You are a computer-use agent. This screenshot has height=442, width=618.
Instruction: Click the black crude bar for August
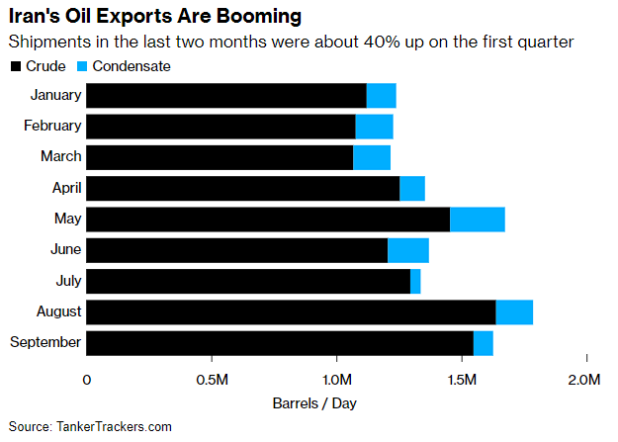click(291, 312)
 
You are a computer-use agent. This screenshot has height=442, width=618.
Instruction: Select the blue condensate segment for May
click(478, 220)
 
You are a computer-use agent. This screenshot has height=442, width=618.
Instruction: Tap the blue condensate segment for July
click(415, 282)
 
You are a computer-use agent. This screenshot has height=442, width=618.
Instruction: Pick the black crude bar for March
click(220, 157)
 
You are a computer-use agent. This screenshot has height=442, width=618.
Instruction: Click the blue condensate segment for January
click(382, 96)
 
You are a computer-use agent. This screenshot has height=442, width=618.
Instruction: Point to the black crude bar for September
click(280, 343)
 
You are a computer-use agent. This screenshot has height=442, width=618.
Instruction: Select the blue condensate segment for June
click(408, 250)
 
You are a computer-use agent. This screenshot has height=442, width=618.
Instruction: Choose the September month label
click(44, 343)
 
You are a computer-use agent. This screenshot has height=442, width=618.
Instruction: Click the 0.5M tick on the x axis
click(212, 381)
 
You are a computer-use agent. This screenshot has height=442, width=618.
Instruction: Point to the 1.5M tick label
click(462, 381)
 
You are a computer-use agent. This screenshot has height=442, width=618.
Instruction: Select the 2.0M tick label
click(586, 381)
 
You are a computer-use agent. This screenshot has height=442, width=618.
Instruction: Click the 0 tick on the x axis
click(87, 381)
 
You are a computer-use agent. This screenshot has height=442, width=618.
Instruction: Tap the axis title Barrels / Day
click(314, 403)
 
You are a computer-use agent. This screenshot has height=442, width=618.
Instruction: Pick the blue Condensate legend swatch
click(84, 66)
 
